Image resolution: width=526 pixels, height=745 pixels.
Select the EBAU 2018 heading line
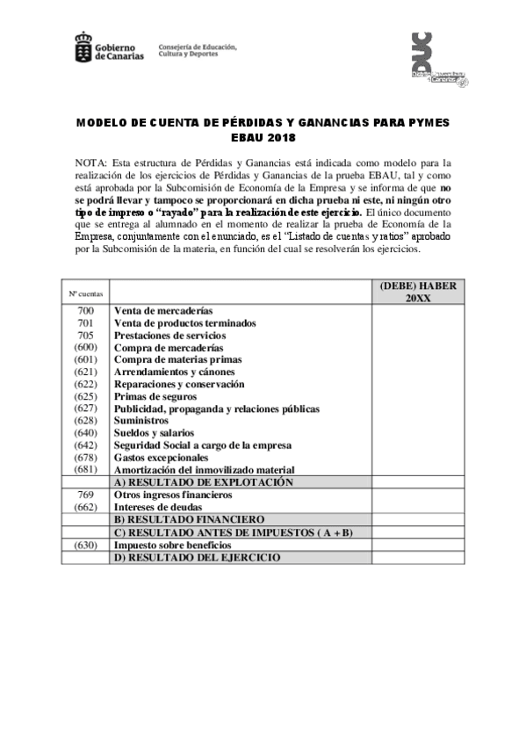click(x=263, y=138)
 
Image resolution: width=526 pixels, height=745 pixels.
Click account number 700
click(x=85, y=311)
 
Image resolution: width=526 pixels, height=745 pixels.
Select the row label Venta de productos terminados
click(x=184, y=323)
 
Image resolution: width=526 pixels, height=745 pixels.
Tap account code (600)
click(x=85, y=348)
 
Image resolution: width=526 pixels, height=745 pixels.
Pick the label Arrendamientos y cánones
click(x=174, y=372)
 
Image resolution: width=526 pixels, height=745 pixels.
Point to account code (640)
click(x=85, y=434)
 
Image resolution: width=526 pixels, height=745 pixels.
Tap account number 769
click(x=85, y=495)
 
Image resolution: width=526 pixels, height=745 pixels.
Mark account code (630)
click(x=85, y=545)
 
